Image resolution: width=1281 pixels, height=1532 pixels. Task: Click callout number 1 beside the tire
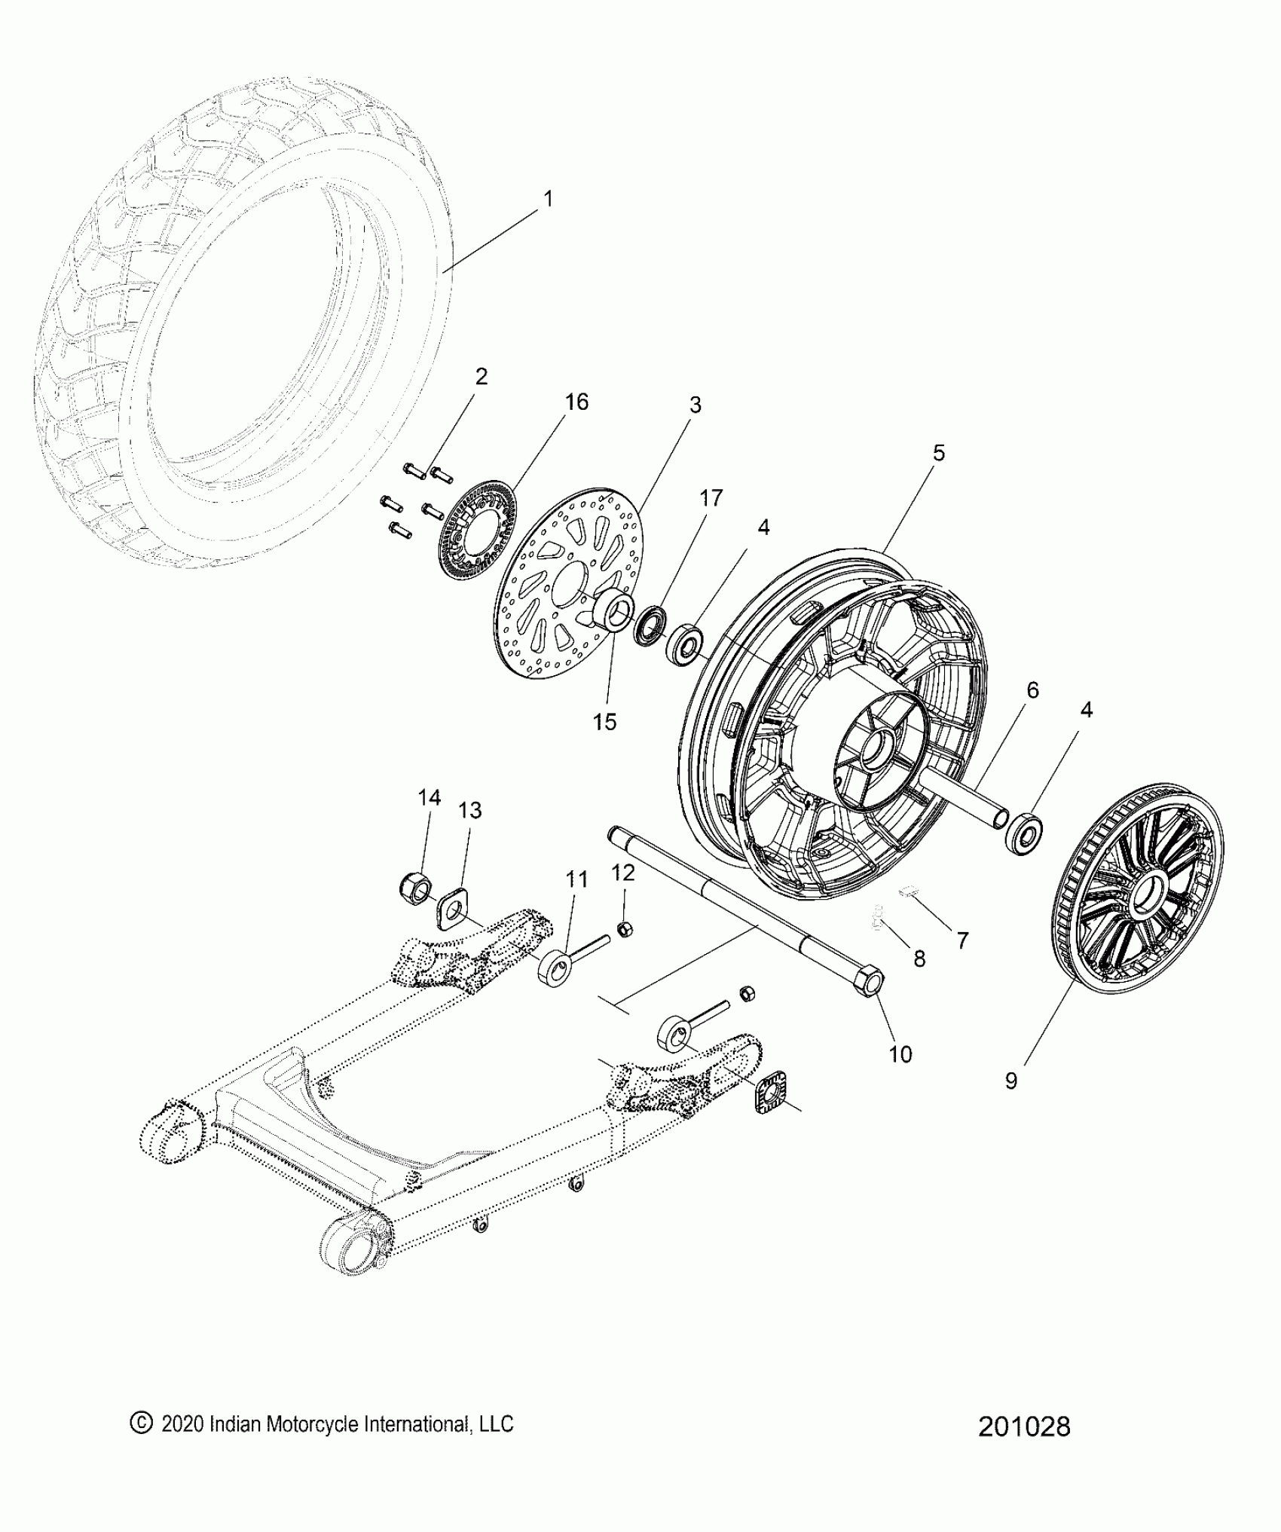click(548, 200)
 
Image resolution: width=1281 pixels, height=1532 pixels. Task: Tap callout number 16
click(576, 402)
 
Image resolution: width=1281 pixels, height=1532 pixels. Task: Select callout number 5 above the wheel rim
click(938, 453)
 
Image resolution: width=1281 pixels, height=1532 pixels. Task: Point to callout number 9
click(1011, 1081)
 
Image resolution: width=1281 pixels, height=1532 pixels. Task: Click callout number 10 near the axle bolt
click(900, 1053)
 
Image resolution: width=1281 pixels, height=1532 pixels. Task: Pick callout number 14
click(430, 798)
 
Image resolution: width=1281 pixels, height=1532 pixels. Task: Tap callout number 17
click(711, 498)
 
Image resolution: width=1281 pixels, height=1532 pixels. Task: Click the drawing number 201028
click(1024, 1427)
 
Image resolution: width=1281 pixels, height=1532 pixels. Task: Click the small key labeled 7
click(909, 893)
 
